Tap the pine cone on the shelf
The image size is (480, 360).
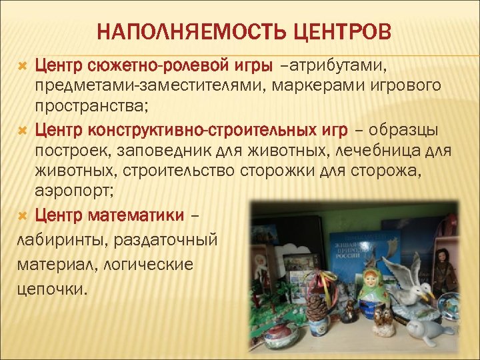[317, 308]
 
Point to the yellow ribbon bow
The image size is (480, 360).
[327, 279]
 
